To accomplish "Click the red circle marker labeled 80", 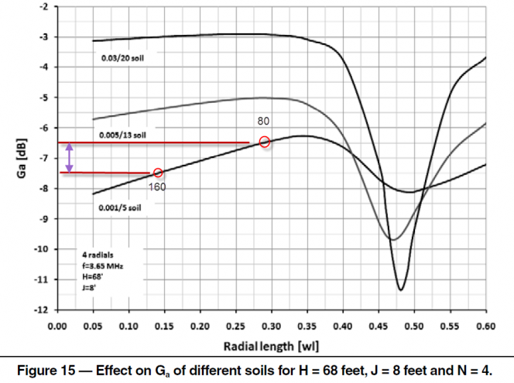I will click(x=264, y=142).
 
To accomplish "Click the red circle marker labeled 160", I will click(x=158, y=173).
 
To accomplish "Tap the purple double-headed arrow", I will click(x=70, y=158).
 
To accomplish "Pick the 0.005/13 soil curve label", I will click(x=122, y=135).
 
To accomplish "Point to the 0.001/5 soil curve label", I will click(x=121, y=208).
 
